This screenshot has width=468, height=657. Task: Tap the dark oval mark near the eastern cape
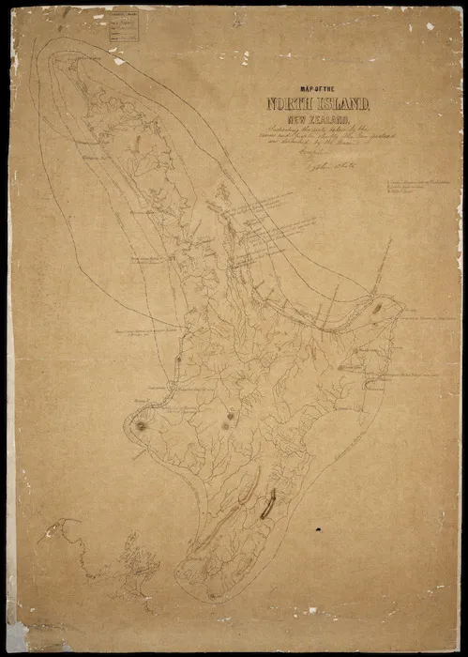point(376,306)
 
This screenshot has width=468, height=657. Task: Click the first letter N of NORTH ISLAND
point(275,104)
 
